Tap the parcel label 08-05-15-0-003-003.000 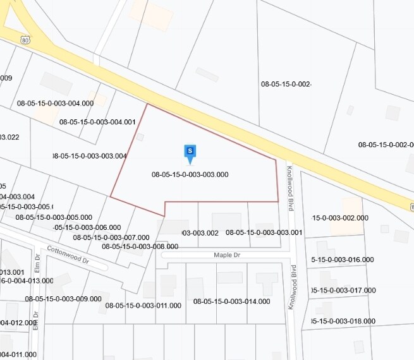[x=190, y=174]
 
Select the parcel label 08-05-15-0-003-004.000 [x=55, y=103]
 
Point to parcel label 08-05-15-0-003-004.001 [x=97, y=122]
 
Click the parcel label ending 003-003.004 [x=89, y=155]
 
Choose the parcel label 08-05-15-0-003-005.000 [x=54, y=217]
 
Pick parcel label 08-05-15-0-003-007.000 [x=111, y=237]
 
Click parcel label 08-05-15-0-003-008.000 [x=140, y=246]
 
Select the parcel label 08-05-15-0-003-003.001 [x=264, y=232]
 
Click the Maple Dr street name [x=227, y=255]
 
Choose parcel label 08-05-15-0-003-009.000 [x=63, y=299]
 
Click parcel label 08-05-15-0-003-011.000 [x=143, y=305]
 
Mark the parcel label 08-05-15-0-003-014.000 [x=232, y=302]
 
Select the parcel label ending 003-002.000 [x=341, y=218]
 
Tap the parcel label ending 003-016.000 [x=343, y=260]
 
